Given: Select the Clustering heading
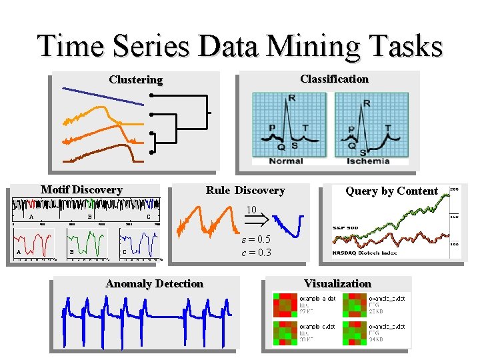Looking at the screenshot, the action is (x=135, y=80).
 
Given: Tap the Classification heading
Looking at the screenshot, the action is (x=334, y=79).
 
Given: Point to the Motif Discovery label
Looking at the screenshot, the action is (x=81, y=190).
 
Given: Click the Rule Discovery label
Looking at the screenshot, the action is (x=245, y=191).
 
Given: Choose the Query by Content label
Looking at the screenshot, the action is (x=391, y=191).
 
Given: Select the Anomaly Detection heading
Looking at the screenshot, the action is (x=154, y=284).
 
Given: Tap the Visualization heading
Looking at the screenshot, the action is (x=337, y=284).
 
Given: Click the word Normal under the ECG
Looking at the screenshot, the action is (x=286, y=161).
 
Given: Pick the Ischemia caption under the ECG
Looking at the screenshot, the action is (x=368, y=161).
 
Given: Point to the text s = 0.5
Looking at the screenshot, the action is (x=256, y=239).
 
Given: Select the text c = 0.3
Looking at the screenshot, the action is (x=256, y=253).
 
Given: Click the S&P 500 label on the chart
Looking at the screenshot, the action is (x=347, y=228).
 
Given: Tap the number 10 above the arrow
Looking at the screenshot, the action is (x=251, y=210).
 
